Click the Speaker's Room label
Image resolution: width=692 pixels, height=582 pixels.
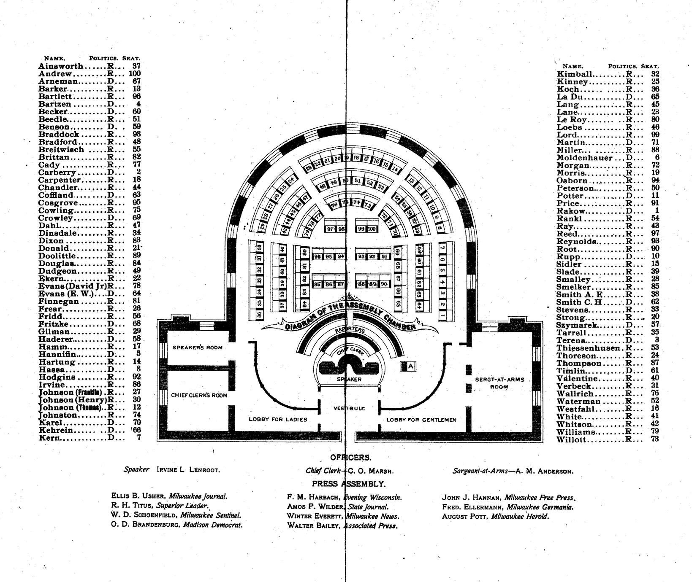tap(197, 348)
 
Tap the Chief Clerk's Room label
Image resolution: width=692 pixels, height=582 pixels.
tap(199, 395)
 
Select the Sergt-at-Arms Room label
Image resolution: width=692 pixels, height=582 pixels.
tap(499, 383)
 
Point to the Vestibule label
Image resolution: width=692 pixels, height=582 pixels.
tap(349, 408)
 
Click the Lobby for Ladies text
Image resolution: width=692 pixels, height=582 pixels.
tap(278, 419)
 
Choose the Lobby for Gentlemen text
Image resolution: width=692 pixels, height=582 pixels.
tap(421, 420)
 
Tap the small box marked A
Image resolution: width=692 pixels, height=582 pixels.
tap(411, 367)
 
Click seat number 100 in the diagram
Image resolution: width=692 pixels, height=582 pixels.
tap(372, 229)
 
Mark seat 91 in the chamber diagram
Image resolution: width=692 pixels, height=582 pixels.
tap(385, 256)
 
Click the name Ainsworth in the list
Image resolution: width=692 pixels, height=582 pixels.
tap(60, 66)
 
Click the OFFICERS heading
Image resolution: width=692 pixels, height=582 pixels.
tap(351, 458)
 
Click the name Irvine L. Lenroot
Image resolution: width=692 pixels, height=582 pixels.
tap(188, 470)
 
